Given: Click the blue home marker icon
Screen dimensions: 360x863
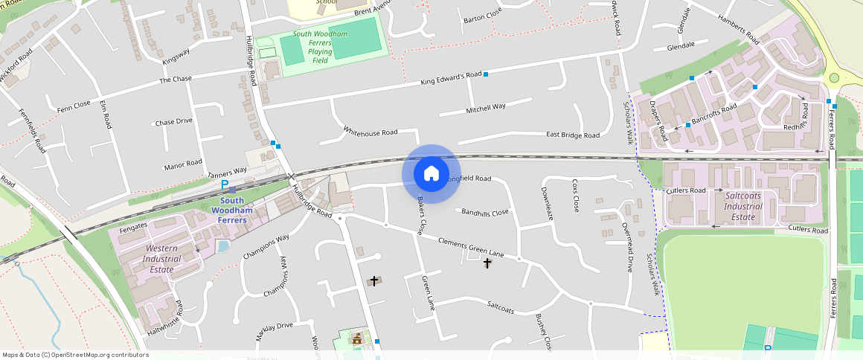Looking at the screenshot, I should coord(431,174).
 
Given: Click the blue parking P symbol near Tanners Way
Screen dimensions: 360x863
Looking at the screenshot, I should coord(225,184).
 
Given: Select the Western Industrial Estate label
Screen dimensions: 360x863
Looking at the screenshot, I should coord(163,258).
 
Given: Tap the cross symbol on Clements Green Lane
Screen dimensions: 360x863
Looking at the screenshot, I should coord(487,263).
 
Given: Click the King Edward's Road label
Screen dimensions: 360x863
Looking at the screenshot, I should coord(452,77).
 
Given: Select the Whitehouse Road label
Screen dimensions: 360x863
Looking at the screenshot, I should coord(370,132).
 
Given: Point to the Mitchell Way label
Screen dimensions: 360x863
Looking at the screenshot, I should coord(486,107).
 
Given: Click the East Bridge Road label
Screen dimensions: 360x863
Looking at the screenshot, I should coord(572,135).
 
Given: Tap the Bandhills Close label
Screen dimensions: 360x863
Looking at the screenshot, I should coord(484,213).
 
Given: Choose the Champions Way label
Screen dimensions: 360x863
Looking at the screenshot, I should coord(266,248).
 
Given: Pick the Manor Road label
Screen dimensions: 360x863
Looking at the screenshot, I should coord(183,162).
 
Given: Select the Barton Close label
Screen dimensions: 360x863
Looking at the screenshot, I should coord(482,16).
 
